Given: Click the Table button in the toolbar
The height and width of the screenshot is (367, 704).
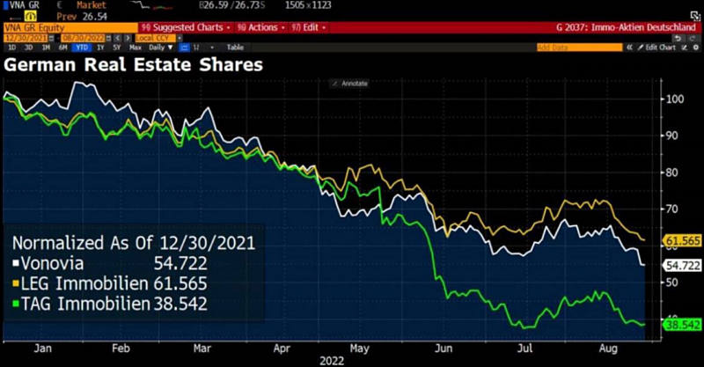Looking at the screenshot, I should point(235,47).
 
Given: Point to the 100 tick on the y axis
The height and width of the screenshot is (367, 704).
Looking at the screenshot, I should point(674,99).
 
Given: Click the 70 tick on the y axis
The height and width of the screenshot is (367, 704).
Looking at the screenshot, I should point(671,209).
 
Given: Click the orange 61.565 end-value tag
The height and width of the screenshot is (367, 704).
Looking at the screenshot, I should point(680,240).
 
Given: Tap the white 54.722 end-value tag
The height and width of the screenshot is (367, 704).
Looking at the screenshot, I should point(680,265).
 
